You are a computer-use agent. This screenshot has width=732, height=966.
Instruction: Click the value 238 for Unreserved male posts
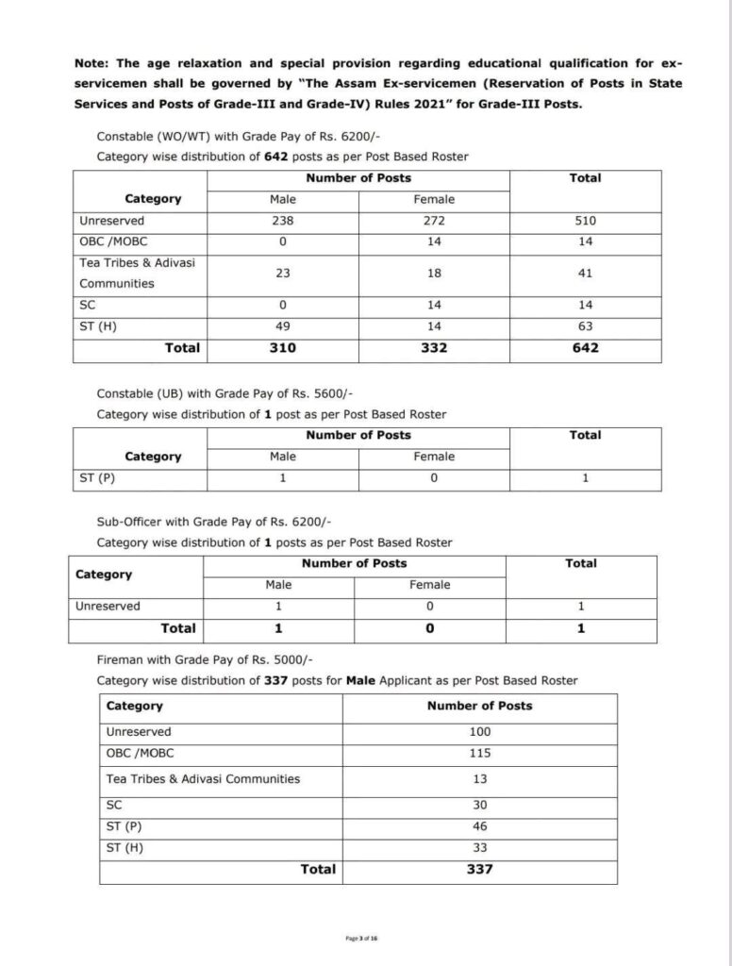click(x=283, y=221)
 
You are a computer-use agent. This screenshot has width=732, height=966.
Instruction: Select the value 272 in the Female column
click(x=434, y=221)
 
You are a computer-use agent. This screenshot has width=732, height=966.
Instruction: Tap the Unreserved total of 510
click(x=586, y=221)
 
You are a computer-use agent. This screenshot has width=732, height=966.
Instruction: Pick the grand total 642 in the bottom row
click(x=586, y=347)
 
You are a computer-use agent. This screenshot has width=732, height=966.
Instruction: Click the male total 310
click(x=283, y=347)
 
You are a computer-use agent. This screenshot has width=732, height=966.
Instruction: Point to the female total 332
click(x=434, y=347)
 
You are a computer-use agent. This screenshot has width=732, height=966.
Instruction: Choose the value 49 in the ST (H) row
click(x=283, y=325)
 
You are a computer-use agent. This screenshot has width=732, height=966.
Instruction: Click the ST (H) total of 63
click(x=586, y=325)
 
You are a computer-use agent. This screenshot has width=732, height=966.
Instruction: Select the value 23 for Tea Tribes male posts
click(x=283, y=273)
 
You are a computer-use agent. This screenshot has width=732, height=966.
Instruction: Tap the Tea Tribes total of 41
click(x=586, y=273)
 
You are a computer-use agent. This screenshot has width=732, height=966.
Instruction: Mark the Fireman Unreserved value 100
click(x=479, y=732)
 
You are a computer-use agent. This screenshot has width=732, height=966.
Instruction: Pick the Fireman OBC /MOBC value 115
click(x=479, y=754)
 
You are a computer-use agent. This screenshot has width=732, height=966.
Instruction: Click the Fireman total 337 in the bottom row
click(x=479, y=870)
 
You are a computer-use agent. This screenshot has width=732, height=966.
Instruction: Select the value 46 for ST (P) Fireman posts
click(x=479, y=826)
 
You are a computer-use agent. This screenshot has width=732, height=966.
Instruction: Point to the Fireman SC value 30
click(x=479, y=805)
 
